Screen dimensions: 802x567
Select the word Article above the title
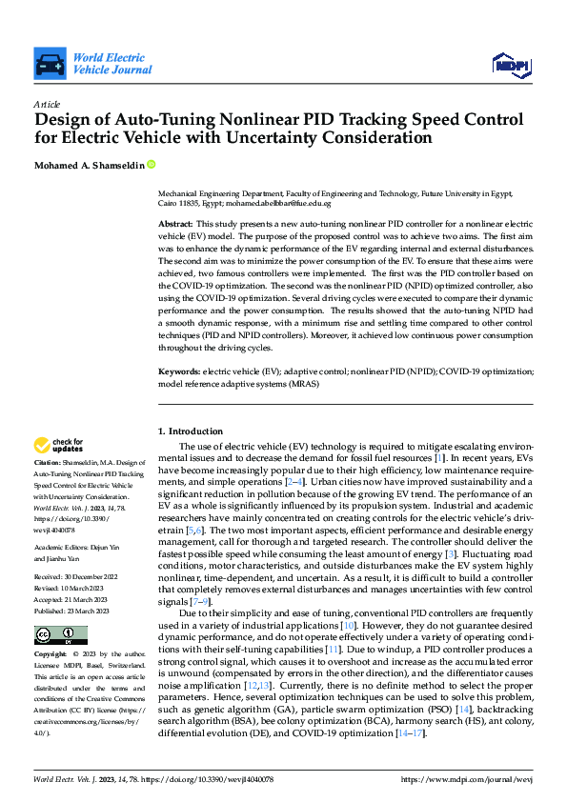point(47,104)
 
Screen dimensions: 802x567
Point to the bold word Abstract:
point(175,221)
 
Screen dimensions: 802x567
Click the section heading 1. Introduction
point(190,431)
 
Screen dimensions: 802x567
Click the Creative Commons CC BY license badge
point(60,634)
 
